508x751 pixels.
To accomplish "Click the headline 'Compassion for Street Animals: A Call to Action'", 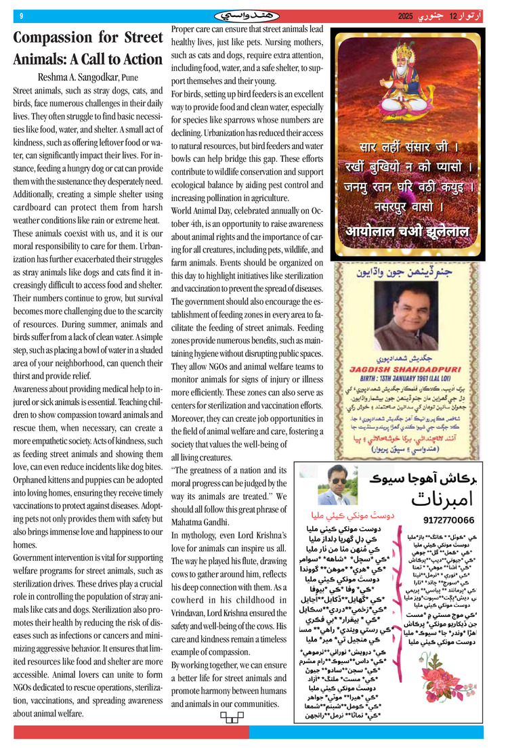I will coord(88,49).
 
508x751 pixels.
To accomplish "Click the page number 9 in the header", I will coord(21,16).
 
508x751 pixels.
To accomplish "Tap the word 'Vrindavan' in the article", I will coord(192,609).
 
